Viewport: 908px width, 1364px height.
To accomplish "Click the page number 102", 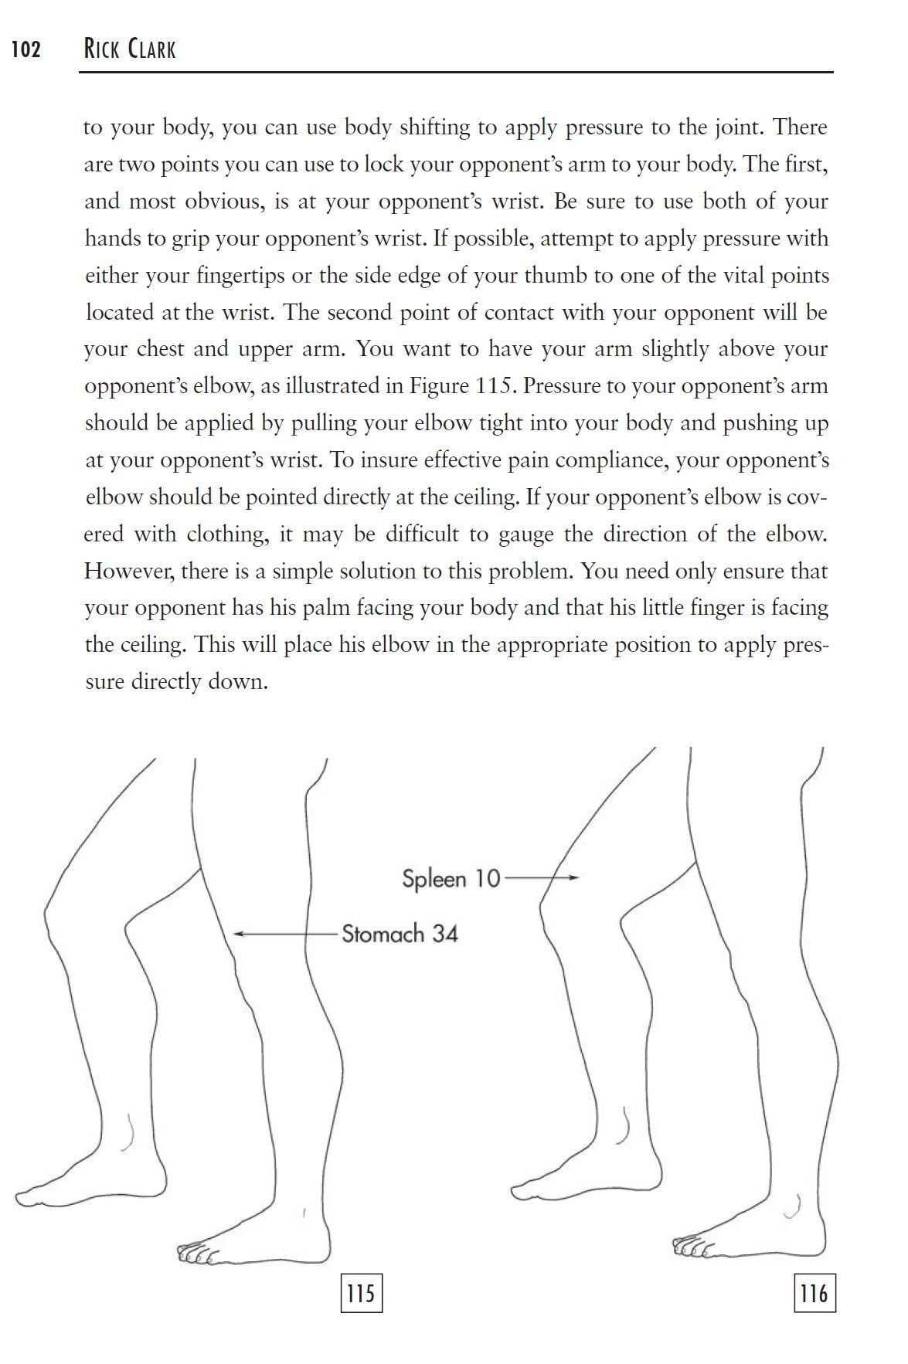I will (26, 50).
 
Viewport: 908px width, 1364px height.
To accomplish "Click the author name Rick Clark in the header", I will (130, 50).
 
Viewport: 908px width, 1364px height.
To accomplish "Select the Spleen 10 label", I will (451, 879).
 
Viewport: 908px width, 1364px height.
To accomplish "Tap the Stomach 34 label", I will (400, 934).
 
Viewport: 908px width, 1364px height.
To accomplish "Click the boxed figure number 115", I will (361, 1293).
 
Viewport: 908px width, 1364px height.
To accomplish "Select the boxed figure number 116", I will (814, 1293).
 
